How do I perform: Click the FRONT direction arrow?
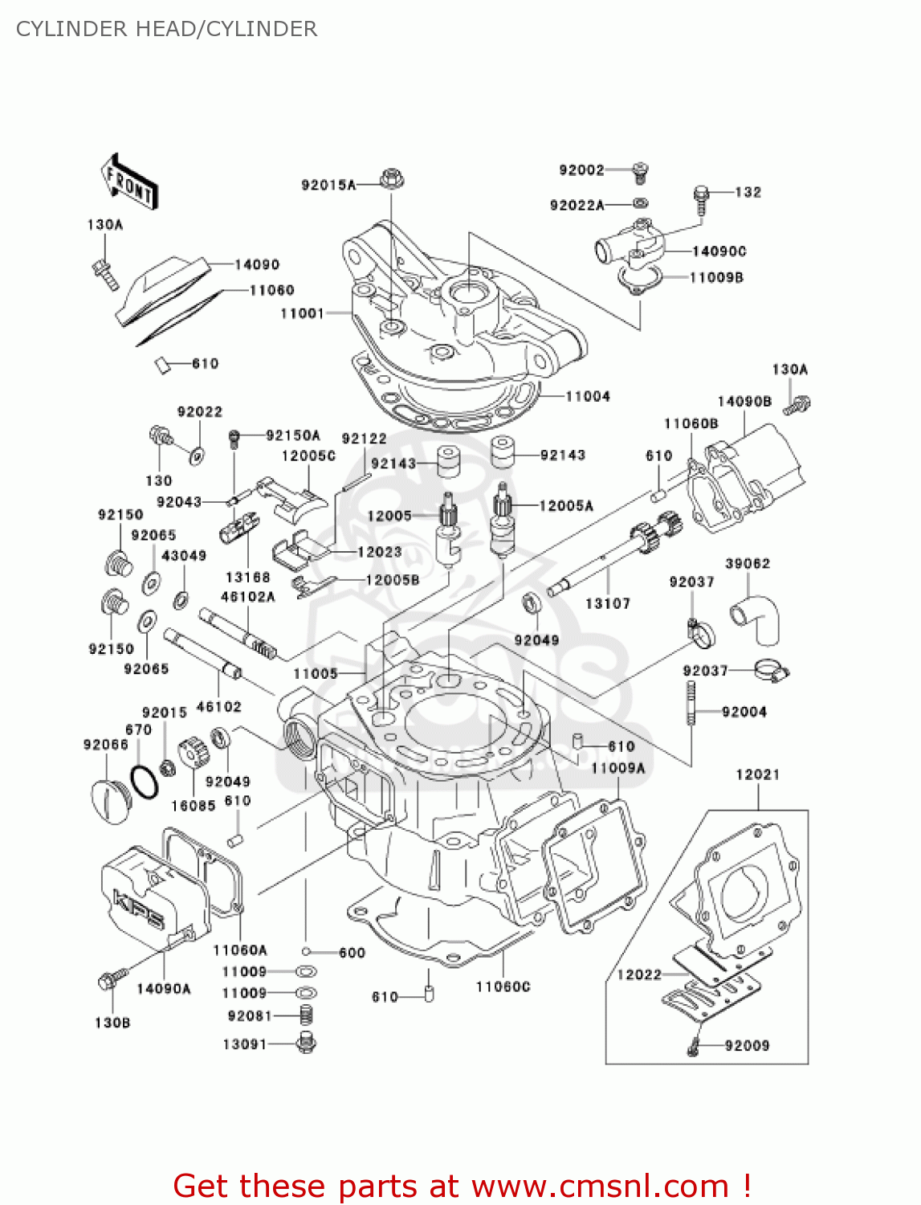tap(128, 182)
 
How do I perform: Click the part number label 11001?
tap(302, 313)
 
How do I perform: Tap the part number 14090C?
tap(719, 251)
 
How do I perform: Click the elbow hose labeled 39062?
tap(756, 618)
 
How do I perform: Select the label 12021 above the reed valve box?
tap(757, 774)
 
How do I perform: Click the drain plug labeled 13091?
tap(306, 1044)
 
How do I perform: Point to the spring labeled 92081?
tap(306, 1015)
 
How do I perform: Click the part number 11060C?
tap(503, 986)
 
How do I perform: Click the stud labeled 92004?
tap(690, 703)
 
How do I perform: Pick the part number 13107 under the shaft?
tap(607, 603)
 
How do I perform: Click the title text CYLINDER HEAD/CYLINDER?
tap(166, 29)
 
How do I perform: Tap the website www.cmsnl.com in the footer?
tap(600, 1186)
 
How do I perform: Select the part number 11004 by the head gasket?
tap(588, 396)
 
